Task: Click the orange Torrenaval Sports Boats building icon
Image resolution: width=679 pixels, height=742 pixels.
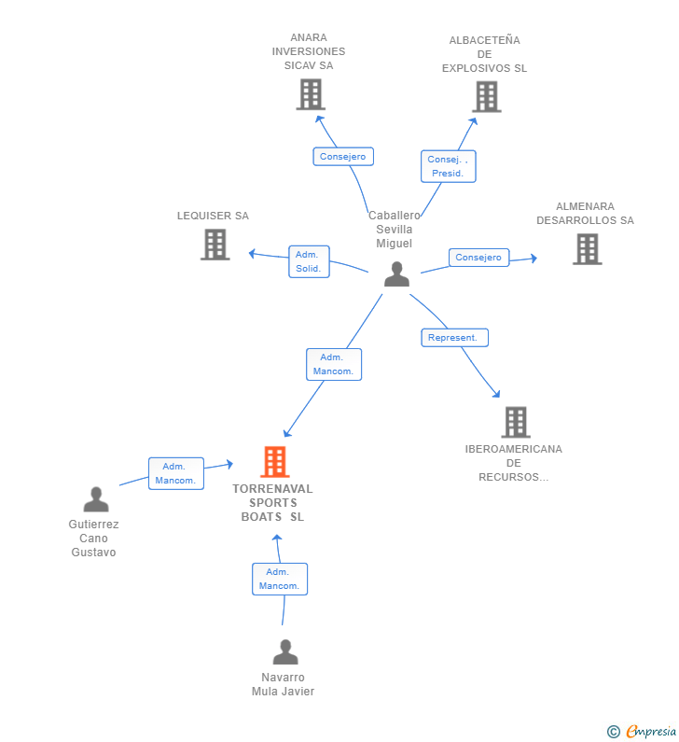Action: (275, 461)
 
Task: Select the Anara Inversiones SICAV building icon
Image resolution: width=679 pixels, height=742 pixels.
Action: (311, 94)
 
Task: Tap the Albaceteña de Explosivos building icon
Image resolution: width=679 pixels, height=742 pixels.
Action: (487, 97)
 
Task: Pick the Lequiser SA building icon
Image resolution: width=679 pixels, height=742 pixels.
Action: (215, 245)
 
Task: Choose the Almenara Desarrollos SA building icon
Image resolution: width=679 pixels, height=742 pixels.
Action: (588, 249)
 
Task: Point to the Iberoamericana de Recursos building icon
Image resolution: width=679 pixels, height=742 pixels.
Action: (516, 422)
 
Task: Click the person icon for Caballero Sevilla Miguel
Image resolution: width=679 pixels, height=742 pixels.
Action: (396, 274)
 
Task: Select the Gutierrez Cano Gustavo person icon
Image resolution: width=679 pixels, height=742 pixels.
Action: (96, 499)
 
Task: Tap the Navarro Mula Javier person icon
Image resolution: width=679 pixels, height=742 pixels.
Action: (285, 652)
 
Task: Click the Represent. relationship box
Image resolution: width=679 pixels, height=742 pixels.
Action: (454, 338)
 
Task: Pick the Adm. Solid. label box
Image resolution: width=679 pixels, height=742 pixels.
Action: (309, 261)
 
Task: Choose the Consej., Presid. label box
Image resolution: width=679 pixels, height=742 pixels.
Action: (449, 166)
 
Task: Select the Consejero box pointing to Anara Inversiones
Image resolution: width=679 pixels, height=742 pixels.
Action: (343, 157)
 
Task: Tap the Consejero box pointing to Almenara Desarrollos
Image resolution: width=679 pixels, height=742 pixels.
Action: (479, 258)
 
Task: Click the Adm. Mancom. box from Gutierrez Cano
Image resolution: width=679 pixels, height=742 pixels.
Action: (176, 473)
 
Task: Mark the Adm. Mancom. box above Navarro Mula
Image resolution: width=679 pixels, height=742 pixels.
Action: (280, 579)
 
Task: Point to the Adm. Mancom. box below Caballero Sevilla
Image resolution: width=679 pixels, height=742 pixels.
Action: (334, 364)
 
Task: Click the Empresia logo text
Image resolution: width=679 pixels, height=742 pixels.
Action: (652, 731)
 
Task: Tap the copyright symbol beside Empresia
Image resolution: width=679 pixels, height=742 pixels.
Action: (614, 732)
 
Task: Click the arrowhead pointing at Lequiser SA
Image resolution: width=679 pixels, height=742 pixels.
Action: (252, 254)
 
